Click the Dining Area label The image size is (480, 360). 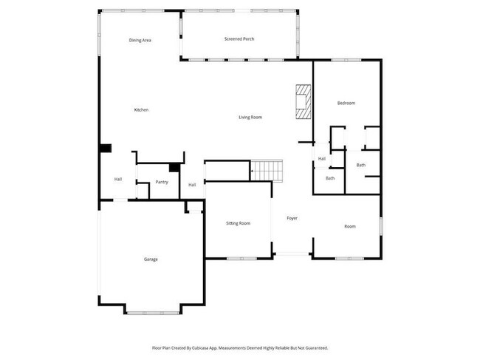tap(140, 40)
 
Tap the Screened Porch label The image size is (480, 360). tap(239, 38)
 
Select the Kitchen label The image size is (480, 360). tap(141, 110)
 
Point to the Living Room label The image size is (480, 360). tap(250, 118)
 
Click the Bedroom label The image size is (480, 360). tap(346, 103)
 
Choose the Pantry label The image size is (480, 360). tap(162, 182)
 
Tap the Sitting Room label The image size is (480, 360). tap(238, 223)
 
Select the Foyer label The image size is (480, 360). tap(292, 218)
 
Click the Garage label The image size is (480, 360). tap(151, 259)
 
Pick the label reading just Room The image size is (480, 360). tap(350, 226)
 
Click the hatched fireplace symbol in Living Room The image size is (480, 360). tap(303, 101)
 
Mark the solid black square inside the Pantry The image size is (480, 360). tap(174, 168)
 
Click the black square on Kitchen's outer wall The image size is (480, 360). tap(106, 149)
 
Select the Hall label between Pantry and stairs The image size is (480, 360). tap(192, 185)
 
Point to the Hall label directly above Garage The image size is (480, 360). tap(117, 180)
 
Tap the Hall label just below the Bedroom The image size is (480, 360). tap(322, 159)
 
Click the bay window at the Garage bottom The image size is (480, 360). tap(151, 312)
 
